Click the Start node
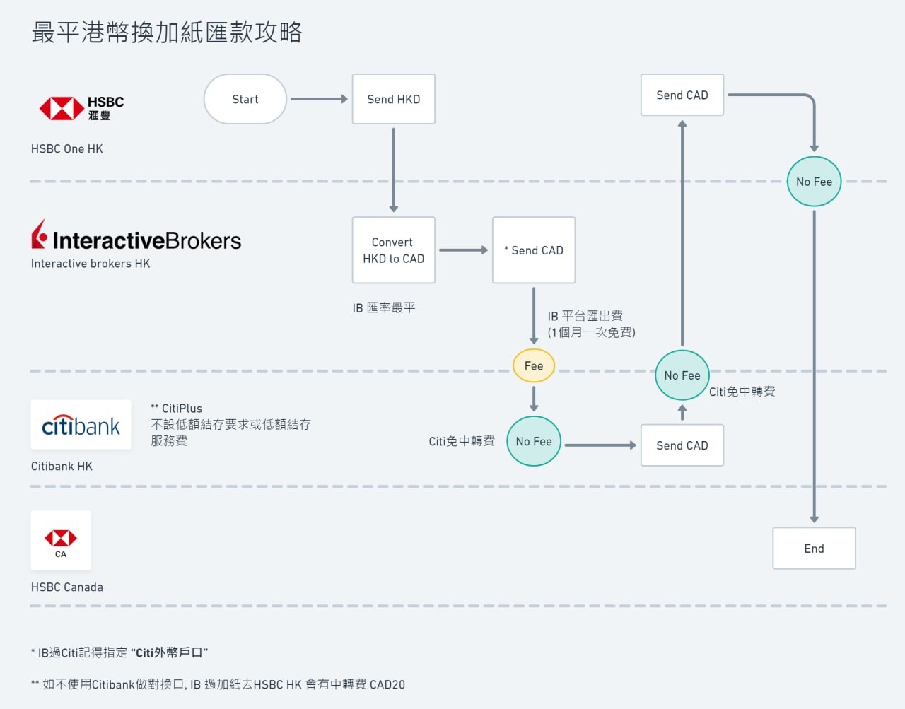click(245, 99)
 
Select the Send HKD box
click(393, 99)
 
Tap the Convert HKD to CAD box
click(393, 250)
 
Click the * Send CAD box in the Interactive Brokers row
click(534, 250)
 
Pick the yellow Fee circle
click(534, 365)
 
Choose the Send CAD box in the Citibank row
click(682, 445)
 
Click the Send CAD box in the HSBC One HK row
click(682, 95)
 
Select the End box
click(814, 549)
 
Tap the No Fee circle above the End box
click(814, 182)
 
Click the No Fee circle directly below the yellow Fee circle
click(534, 441)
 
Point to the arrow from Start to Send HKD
click(319, 99)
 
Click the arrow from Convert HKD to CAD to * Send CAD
click(463, 250)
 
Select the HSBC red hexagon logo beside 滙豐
click(62, 109)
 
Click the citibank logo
click(81, 425)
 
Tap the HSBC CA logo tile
click(61, 541)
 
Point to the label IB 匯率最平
click(384, 307)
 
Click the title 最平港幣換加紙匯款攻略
click(167, 33)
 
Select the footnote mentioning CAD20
click(218, 684)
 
